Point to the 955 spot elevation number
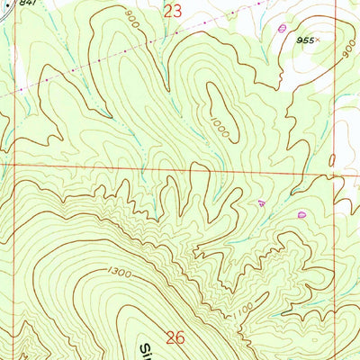[x=308, y=40]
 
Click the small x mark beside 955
[x=320, y=40]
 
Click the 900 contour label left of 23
[x=132, y=19]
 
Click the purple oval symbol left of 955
[x=283, y=28]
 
